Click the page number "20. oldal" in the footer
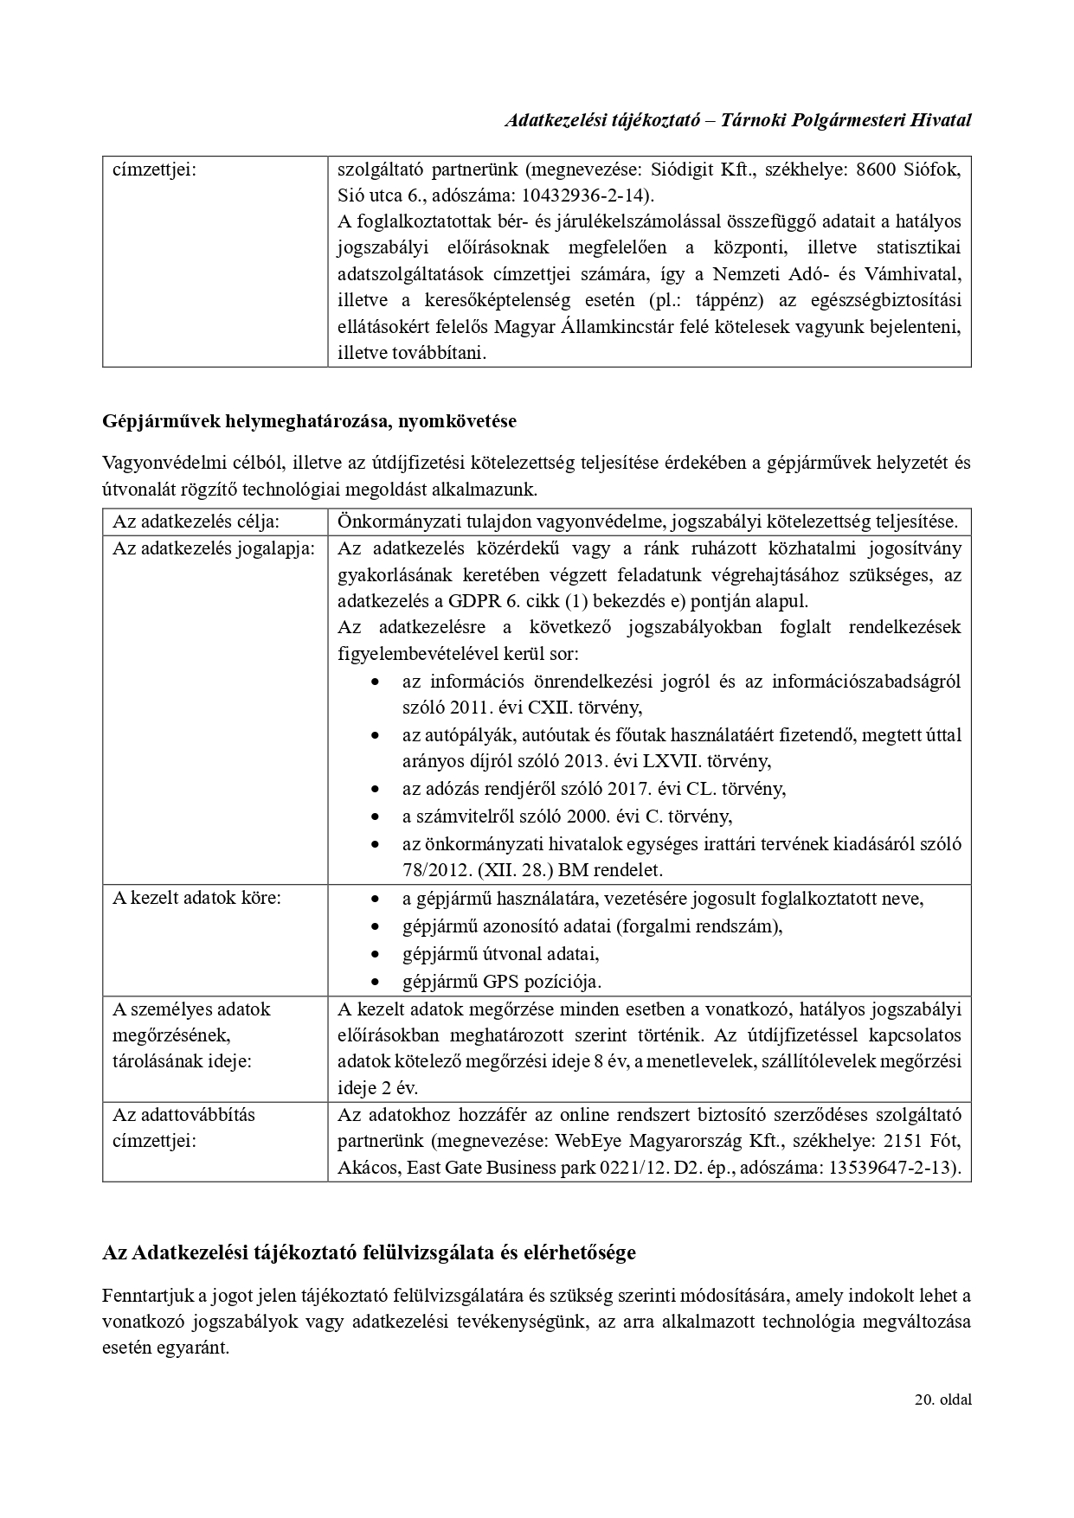tap(942, 1399)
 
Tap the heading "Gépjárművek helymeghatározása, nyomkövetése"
tap(309, 421)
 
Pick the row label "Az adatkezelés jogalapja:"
tap(214, 548)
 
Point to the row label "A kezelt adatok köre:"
tap(196, 897)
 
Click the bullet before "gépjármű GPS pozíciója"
tap(375, 982)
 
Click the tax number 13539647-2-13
tap(892, 1168)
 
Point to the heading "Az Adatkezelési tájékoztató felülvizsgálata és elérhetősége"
tap(369, 1252)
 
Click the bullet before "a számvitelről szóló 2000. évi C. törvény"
tap(375, 817)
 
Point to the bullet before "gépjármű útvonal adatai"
tap(375, 954)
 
